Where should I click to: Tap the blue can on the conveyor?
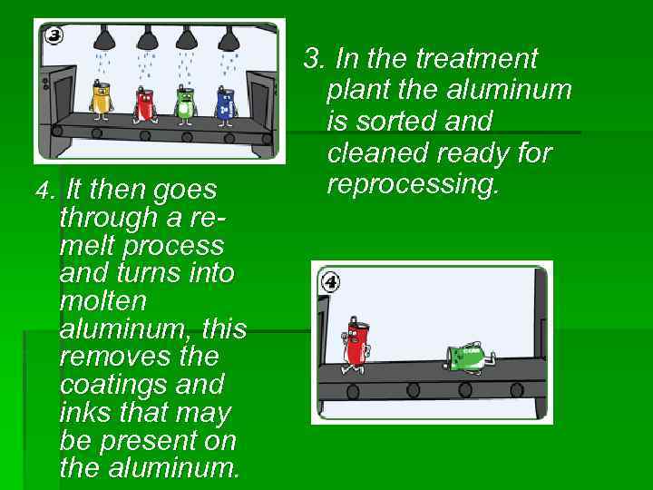coord(225,103)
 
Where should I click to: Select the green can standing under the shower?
coord(184,103)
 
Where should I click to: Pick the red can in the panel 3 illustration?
coord(144,103)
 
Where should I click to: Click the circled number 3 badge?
coord(54,36)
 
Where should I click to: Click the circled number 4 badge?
coord(331,282)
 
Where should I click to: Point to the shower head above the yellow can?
coord(104,38)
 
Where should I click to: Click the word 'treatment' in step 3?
coord(476,59)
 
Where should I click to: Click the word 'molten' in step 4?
coord(102,300)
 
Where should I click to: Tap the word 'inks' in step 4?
coord(80,413)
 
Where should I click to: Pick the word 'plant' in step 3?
coord(357,91)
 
